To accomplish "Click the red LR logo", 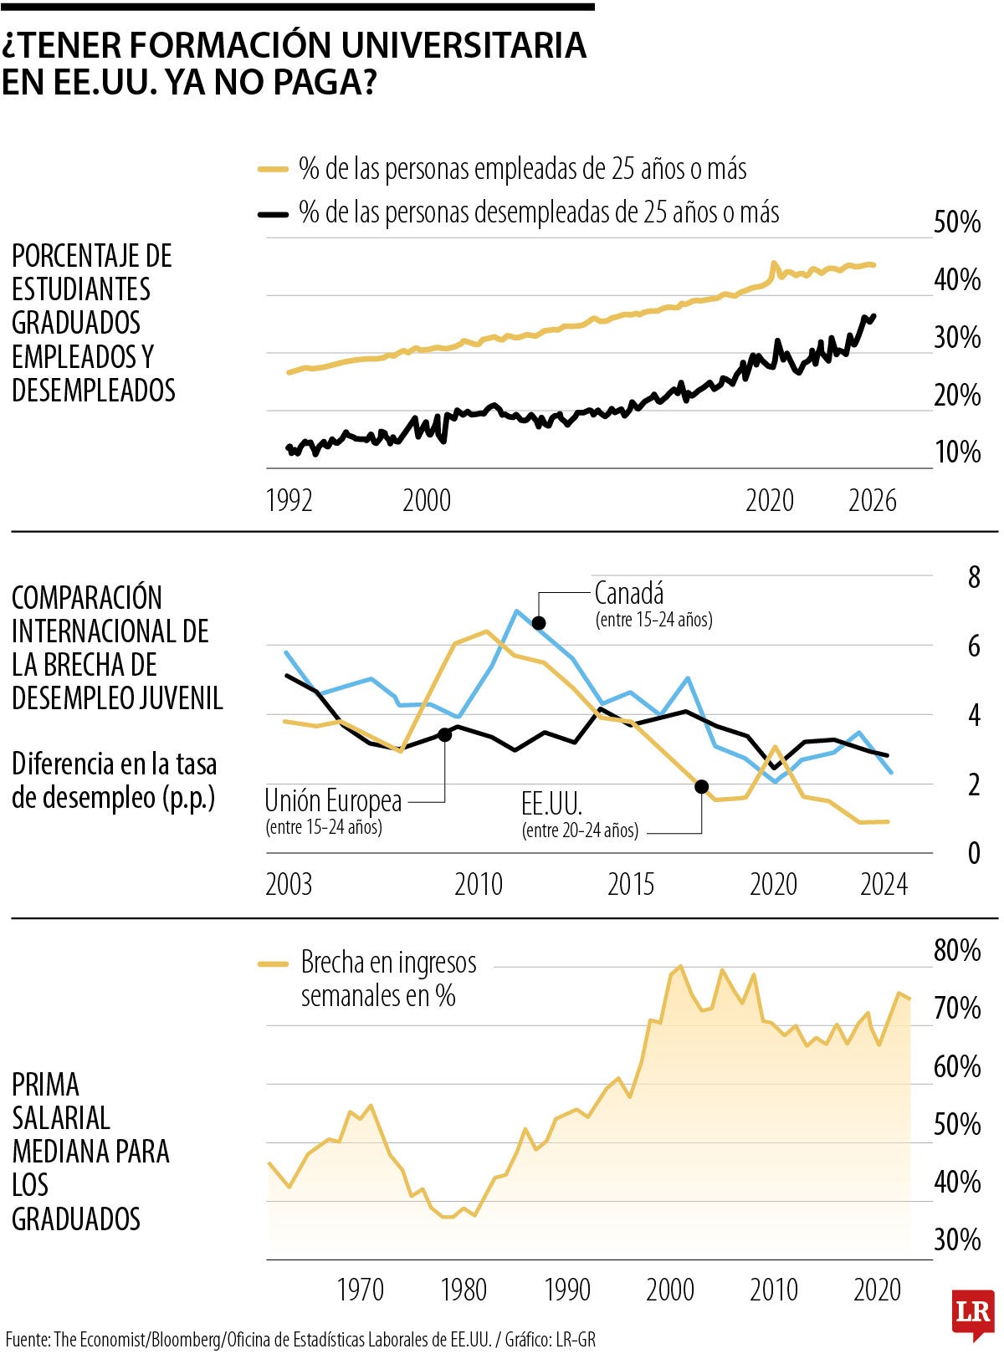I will (972, 1311).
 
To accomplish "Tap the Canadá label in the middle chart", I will (629, 594).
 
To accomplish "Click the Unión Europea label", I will (333, 801).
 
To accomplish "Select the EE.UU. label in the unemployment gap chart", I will (551, 805).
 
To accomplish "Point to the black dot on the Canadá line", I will (539, 623).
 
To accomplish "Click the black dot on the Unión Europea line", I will (445, 734).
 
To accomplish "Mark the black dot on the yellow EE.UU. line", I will (702, 786).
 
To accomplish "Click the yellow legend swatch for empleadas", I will (273, 170).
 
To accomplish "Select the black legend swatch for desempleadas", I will (273, 214).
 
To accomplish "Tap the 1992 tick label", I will (289, 501).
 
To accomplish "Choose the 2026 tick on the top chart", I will (872, 501).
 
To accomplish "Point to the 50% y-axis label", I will (957, 222).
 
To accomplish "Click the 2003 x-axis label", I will (289, 885).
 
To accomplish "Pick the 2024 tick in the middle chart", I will (884, 885).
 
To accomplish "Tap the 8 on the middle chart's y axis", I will (974, 578).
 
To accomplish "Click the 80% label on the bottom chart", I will (957, 951).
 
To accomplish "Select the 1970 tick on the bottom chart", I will (360, 1290).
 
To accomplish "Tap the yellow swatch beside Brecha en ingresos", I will (273, 964).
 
